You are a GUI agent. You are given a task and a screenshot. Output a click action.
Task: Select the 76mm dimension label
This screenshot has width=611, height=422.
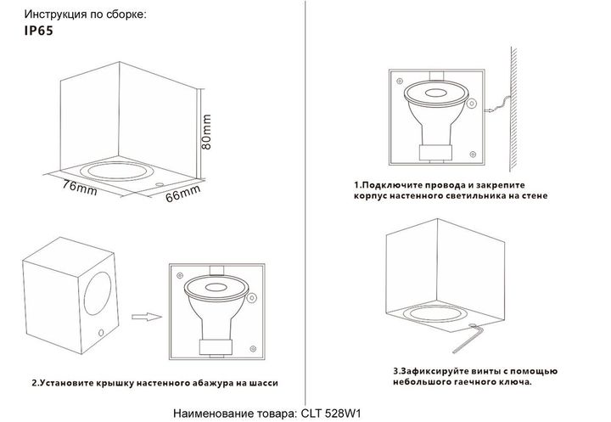coord(81,186)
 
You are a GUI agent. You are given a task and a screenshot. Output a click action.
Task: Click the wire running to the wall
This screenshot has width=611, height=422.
coord(496,107)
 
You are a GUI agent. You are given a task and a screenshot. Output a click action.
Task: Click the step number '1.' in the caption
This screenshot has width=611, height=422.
coord(359,183)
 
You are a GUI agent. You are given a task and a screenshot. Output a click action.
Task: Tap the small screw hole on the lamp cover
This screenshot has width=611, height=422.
coord(102,331)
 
